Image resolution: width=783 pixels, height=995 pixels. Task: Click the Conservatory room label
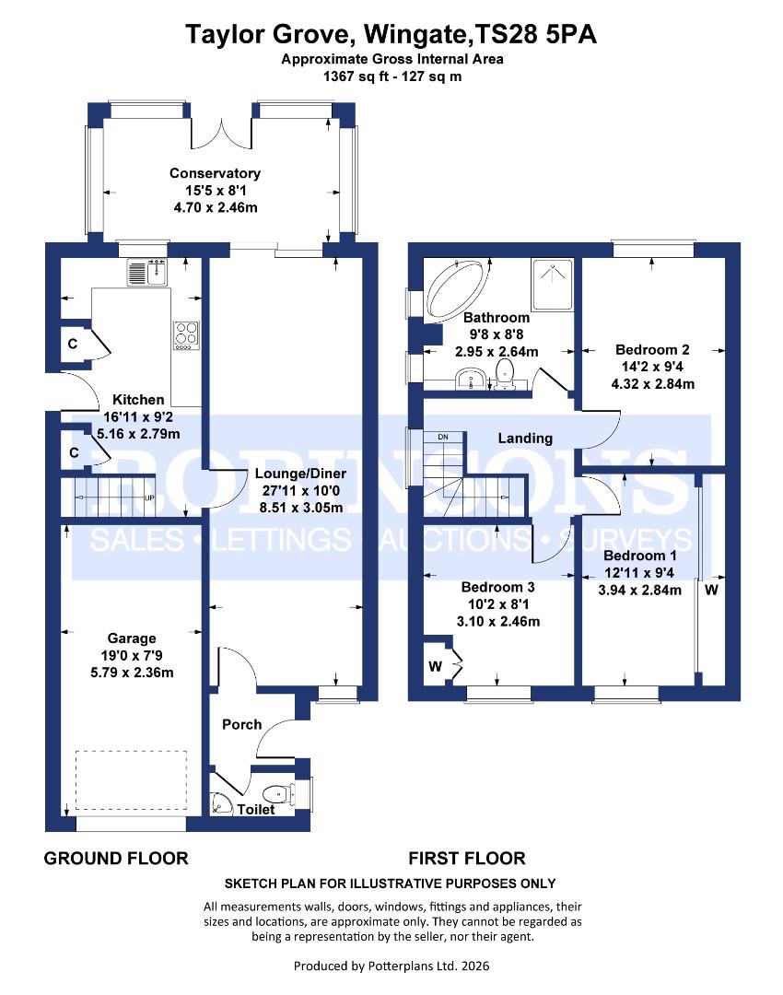point(215,173)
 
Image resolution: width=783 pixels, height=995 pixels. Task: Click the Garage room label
point(131,638)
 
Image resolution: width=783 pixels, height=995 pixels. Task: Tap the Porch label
point(242,724)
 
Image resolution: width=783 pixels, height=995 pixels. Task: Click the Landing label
point(525,439)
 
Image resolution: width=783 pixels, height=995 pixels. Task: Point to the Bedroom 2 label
point(652,350)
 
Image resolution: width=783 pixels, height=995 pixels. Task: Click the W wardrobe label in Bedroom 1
point(712,590)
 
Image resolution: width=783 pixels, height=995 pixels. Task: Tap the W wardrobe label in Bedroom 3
point(435,665)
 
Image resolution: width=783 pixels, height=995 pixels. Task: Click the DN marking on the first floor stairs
point(443,436)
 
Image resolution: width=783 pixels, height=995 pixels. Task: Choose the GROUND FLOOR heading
point(116,859)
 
